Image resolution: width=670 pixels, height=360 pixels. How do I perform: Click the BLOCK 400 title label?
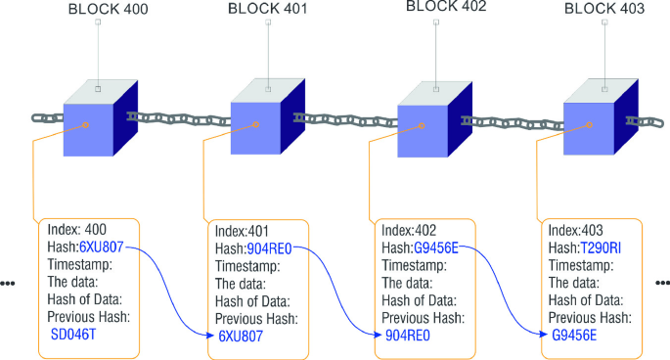click(109, 10)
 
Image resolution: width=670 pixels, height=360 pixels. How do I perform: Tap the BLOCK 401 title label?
click(268, 9)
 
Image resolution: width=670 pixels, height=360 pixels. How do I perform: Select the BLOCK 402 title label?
click(446, 6)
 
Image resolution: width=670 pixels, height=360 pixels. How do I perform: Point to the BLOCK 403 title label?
click(604, 9)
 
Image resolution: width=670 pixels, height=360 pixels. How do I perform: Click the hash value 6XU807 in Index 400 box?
click(102, 247)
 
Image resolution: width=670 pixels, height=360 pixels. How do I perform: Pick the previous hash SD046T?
click(73, 334)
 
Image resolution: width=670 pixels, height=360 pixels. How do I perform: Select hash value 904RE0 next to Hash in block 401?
click(269, 248)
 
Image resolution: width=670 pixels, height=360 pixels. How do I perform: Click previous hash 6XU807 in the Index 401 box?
click(241, 337)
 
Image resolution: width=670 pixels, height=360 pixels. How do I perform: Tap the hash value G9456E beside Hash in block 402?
click(436, 247)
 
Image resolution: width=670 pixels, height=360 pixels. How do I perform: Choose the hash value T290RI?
click(601, 247)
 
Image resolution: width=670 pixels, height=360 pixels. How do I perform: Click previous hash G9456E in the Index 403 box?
click(574, 336)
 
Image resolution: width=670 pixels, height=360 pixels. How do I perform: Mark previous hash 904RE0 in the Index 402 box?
click(408, 336)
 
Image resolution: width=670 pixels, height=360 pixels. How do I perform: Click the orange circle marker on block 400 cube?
click(86, 125)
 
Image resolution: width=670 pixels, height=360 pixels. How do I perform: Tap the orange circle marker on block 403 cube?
click(589, 125)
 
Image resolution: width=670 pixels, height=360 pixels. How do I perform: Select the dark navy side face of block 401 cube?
click(292, 115)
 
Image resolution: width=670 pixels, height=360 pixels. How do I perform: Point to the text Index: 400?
click(77, 230)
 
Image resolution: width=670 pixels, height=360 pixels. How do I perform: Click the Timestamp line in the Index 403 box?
click(581, 265)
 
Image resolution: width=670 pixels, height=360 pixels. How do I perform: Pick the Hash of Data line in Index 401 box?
click(252, 301)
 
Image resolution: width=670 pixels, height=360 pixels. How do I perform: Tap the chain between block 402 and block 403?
click(513, 123)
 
